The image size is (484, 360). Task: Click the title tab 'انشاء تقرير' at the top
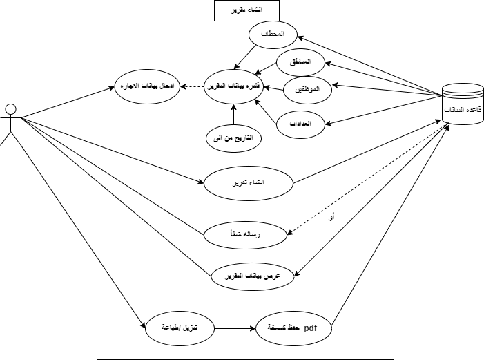click(247, 10)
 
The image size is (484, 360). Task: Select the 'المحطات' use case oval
click(273, 35)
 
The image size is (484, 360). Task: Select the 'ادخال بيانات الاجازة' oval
click(146, 86)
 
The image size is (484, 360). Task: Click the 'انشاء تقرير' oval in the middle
click(249, 184)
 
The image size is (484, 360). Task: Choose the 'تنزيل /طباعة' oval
click(179, 328)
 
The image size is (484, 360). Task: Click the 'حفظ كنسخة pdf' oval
click(293, 328)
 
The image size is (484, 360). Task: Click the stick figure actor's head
click(10, 109)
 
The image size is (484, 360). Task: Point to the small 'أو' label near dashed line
click(332, 218)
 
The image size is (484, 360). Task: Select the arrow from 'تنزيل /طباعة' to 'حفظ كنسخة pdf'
click(235, 328)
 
